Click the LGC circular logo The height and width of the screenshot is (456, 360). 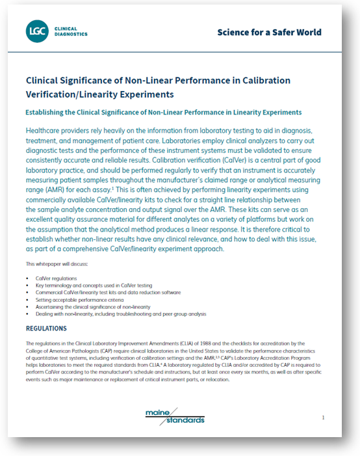(36, 31)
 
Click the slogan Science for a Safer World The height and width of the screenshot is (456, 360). (269, 32)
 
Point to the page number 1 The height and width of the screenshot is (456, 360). (323, 418)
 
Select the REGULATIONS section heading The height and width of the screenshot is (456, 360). (50, 328)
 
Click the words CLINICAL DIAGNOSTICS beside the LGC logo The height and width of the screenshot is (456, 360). (70, 31)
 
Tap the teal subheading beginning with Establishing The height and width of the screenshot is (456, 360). (163, 113)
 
